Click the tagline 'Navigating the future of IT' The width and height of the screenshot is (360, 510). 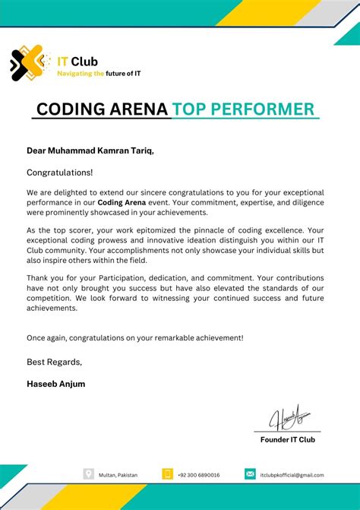(99, 74)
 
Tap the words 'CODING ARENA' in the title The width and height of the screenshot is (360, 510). (102, 109)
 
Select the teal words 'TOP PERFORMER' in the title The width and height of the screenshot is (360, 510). (243, 109)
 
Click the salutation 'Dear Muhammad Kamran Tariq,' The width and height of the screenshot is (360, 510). (90, 150)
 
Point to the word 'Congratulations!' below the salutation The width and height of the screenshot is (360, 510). (60, 173)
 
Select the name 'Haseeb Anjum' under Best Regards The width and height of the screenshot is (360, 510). (55, 384)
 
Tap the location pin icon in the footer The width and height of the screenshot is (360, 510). (89, 474)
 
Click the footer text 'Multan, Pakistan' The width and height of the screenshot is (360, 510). (118, 475)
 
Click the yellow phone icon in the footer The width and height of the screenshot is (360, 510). (168, 474)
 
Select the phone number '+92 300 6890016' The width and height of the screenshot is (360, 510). (199, 475)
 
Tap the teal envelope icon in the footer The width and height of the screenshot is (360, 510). (250, 474)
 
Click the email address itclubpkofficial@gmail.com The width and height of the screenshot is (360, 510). (292, 475)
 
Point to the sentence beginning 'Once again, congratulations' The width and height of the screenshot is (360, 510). (135, 337)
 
